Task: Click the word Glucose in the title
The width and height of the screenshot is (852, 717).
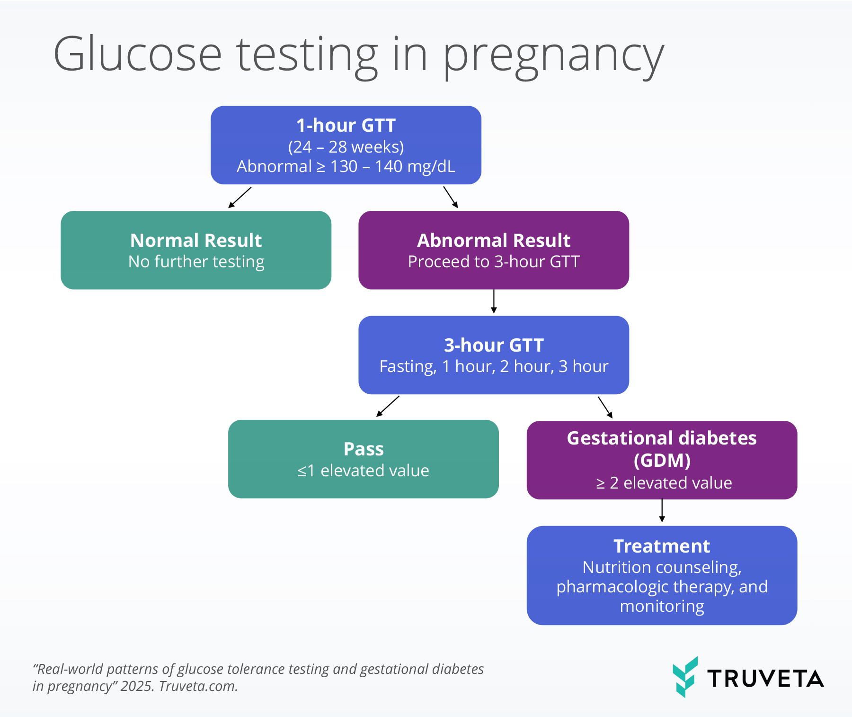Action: click(x=138, y=54)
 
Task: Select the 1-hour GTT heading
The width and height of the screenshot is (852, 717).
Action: click(x=346, y=126)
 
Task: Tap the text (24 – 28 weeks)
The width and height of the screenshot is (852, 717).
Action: click(x=346, y=147)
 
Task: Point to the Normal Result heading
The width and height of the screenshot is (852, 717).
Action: click(x=196, y=240)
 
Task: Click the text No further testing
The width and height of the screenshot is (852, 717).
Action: click(x=196, y=262)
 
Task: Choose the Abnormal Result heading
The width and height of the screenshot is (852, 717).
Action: click(x=494, y=240)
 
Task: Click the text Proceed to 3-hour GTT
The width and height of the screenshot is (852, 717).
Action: click(x=494, y=262)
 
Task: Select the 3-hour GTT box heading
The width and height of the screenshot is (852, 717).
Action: click(x=494, y=345)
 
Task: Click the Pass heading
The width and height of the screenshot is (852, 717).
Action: click(x=364, y=449)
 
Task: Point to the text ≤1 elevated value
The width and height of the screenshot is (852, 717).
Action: click(x=364, y=471)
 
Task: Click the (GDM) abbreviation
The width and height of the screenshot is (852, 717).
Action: click(x=662, y=460)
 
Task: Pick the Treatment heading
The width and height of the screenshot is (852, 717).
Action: click(x=662, y=546)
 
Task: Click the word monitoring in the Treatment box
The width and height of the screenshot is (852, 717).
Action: click(x=662, y=607)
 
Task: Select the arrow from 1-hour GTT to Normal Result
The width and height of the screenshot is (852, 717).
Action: click(x=240, y=197)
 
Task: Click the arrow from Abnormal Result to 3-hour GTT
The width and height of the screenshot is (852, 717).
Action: click(x=494, y=301)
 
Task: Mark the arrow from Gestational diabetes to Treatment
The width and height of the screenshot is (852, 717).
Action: click(x=662, y=511)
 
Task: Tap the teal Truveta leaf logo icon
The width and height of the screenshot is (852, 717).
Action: click(x=685, y=677)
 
